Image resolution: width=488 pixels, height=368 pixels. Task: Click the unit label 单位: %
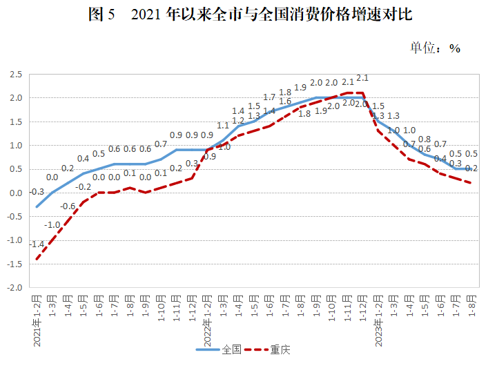[x=435, y=48]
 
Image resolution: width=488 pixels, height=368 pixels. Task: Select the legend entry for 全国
[x=218, y=349]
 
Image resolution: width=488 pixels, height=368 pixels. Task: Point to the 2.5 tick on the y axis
[x=16, y=74]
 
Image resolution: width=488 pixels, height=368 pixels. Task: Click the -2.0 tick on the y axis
[x=14, y=288]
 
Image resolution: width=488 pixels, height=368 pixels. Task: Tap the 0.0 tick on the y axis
[x=16, y=193]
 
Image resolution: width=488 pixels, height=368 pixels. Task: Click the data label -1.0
[x=52, y=225]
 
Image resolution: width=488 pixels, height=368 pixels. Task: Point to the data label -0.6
[x=68, y=206]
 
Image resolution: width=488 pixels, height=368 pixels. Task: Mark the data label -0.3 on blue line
[x=37, y=192]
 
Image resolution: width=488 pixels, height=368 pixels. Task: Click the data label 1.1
[x=223, y=126]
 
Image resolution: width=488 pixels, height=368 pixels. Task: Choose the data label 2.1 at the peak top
[x=363, y=78]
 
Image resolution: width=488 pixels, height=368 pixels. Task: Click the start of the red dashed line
[x=37, y=260]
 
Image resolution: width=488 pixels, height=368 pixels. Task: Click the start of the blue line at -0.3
[x=37, y=206]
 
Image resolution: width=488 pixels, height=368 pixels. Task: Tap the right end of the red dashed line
[x=471, y=183]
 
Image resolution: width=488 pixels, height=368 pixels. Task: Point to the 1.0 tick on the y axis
[x=16, y=145]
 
